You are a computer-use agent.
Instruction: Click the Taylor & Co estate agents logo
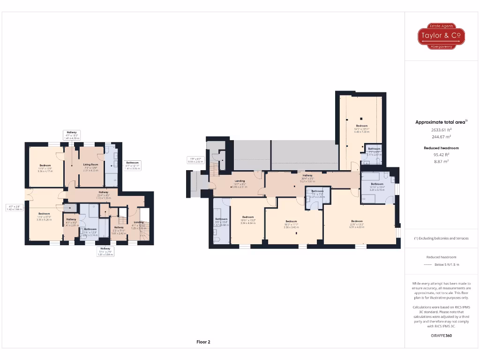[x=441, y=36]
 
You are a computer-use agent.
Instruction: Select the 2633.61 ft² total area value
[x=441, y=130]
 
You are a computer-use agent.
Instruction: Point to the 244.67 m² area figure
[x=441, y=137]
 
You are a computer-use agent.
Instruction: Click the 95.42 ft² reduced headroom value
[x=441, y=154]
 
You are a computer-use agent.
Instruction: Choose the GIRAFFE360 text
[x=441, y=336]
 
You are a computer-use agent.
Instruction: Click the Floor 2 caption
[x=203, y=342]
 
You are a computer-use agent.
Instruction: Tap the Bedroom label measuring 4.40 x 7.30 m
[x=362, y=127]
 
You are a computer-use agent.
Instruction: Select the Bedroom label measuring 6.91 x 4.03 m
[x=357, y=223]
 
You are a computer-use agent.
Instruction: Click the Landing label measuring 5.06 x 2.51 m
[x=240, y=182]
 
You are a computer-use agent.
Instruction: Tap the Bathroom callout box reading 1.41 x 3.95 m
[x=132, y=165]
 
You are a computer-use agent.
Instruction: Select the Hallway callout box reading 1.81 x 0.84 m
[x=105, y=251]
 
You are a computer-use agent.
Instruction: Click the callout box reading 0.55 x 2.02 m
[x=195, y=160]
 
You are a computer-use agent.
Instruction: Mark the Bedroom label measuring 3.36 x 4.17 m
[x=45, y=167]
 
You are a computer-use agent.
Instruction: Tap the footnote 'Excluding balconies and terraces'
[x=441, y=238]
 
